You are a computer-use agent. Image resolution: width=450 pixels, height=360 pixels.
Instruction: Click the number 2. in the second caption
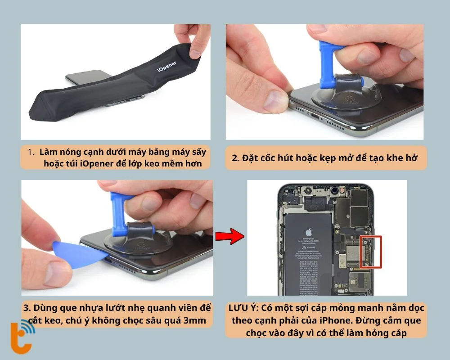click(x=236, y=158)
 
